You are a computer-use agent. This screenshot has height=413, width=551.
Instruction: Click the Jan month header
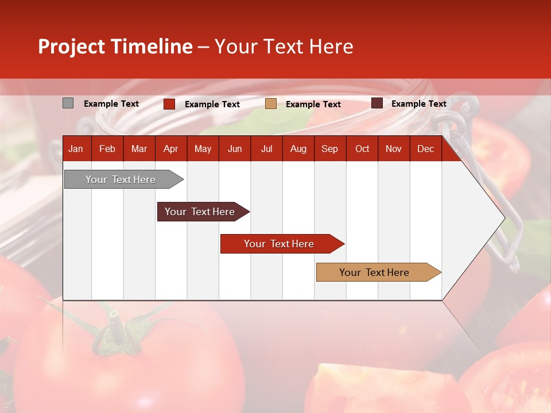pos(76,149)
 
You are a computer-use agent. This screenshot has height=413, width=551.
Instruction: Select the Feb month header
pos(107,149)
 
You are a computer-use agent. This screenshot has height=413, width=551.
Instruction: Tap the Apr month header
pos(170,149)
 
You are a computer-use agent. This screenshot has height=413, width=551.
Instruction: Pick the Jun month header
pos(235,149)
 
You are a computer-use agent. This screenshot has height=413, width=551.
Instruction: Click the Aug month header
pos(298,149)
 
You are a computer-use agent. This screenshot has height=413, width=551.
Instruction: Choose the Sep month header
pos(329,149)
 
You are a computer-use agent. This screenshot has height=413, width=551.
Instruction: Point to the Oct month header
pos(362,149)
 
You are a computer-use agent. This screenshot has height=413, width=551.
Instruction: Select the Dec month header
pos(425,149)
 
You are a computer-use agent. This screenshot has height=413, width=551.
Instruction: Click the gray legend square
pos(68,103)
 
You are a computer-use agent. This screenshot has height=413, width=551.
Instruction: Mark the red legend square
pos(169,104)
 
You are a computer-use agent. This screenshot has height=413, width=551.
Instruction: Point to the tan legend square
pos(271,104)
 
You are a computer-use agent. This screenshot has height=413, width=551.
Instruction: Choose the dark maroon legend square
pos(377,103)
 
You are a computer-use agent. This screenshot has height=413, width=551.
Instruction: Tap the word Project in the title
pos(72,46)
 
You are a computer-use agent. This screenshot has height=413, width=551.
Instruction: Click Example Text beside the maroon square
pos(418,104)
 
